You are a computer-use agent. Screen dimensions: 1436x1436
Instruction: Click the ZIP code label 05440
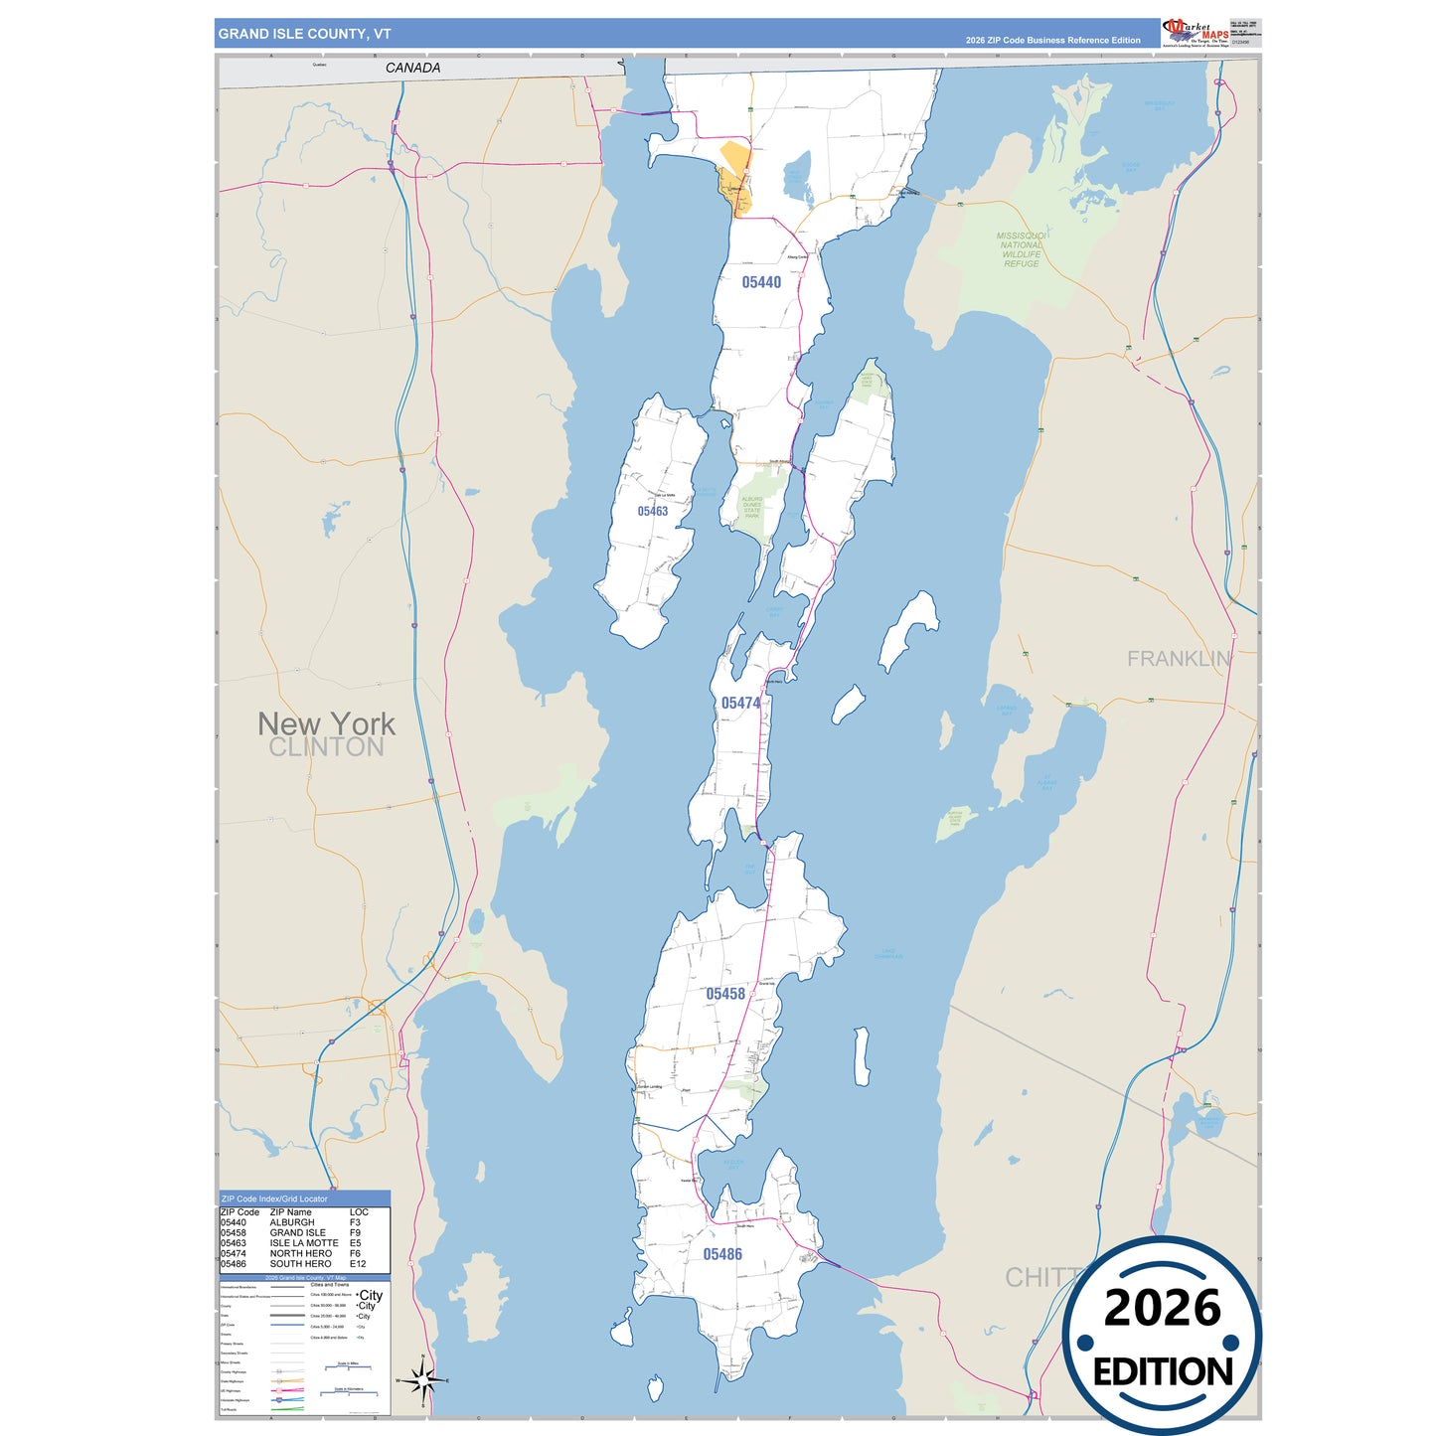pyautogui.click(x=761, y=282)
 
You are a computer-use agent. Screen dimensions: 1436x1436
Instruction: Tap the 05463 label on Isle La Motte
pyautogui.click(x=652, y=511)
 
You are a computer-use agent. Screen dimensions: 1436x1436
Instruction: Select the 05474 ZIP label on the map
pyautogui.click(x=740, y=703)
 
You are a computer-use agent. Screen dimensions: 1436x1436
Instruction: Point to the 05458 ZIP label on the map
pyautogui.click(x=725, y=994)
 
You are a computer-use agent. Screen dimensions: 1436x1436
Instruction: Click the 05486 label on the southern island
pyautogui.click(x=722, y=1254)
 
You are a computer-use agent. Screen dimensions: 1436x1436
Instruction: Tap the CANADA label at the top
pyautogui.click(x=412, y=68)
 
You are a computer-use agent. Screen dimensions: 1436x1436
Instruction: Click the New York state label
pyautogui.click(x=326, y=723)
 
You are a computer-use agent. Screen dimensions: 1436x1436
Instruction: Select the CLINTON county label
pyautogui.click(x=326, y=747)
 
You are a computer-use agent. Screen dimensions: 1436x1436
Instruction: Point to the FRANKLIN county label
pyautogui.click(x=1179, y=658)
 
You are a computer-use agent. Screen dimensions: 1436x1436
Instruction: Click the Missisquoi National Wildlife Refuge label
pyautogui.click(x=1022, y=249)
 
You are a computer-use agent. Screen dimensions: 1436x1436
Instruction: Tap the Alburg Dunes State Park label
pyautogui.click(x=752, y=508)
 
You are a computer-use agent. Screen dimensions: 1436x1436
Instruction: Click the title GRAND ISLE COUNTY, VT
pyautogui.click(x=304, y=34)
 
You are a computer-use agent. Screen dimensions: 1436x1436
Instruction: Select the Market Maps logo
pyautogui.click(x=1196, y=33)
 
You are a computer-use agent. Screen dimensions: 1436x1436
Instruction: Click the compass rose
pyautogui.click(x=423, y=1380)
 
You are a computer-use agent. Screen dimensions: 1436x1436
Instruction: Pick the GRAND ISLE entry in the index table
pyautogui.click(x=297, y=1232)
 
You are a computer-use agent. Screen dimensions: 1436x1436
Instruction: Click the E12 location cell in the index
pyautogui.click(x=358, y=1264)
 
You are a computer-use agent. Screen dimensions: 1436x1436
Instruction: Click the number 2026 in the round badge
pyautogui.click(x=1162, y=1308)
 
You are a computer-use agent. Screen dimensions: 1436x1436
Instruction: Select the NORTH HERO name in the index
pyautogui.click(x=300, y=1253)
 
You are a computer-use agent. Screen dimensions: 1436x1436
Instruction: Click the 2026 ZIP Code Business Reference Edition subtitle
pyautogui.click(x=1052, y=41)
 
